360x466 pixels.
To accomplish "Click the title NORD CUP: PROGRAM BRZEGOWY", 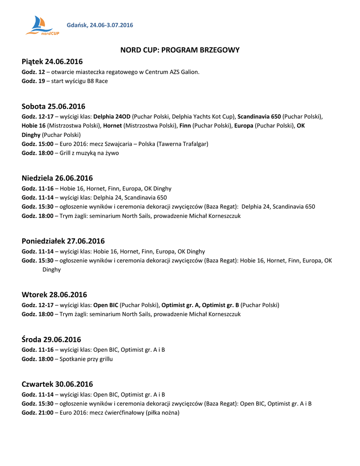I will tap(180, 50).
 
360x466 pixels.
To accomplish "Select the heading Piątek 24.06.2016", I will tap(52, 61).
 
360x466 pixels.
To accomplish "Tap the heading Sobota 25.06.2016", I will tap(53, 106).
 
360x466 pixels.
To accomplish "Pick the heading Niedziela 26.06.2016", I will tap(57, 178).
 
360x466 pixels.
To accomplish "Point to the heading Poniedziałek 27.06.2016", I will tap(63, 241).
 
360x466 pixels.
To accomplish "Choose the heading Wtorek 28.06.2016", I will tap(54, 294).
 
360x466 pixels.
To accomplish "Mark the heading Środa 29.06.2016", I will tap(51, 339).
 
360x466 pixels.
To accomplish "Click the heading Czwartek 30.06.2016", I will tap(57, 384).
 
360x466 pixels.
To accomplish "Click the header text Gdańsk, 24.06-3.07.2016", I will tap(100, 25).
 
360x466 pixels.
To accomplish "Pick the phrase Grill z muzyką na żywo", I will tap(89, 153).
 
